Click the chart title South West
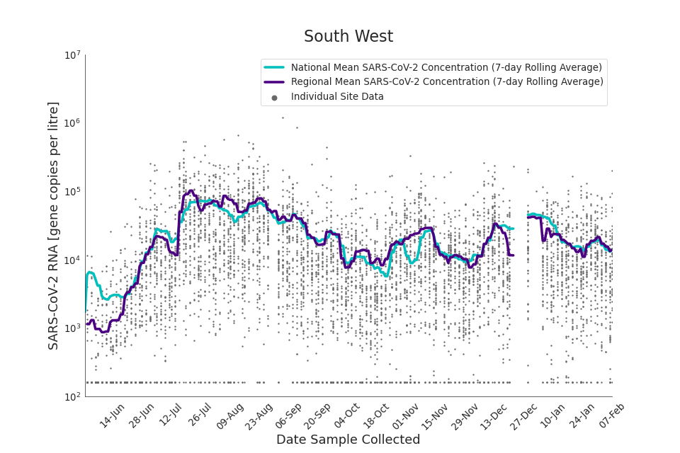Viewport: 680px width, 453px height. click(x=348, y=37)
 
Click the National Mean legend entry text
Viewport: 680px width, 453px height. click(x=446, y=67)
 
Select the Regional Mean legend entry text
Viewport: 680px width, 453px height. click(x=447, y=82)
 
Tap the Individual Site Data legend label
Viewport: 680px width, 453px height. click(x=337, y=97)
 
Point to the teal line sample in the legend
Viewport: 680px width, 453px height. click(x=274, y=67)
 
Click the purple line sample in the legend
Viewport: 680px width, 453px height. click(x=274, y=82)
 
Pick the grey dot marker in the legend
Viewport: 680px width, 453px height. click(x=274, y=98)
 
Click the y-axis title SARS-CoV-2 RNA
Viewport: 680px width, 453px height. click(x=54, y=225)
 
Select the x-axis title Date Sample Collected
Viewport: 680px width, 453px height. click(x=348, y=440)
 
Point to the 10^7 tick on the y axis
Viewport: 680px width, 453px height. click(x=73, y=55)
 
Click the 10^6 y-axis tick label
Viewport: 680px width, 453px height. click(x=73, y=123)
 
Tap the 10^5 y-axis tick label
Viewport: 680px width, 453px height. click(x=73, y=192)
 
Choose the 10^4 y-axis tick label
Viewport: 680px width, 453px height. click(x=73, y=260)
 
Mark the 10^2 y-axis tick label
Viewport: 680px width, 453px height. click(x=73, y=397)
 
